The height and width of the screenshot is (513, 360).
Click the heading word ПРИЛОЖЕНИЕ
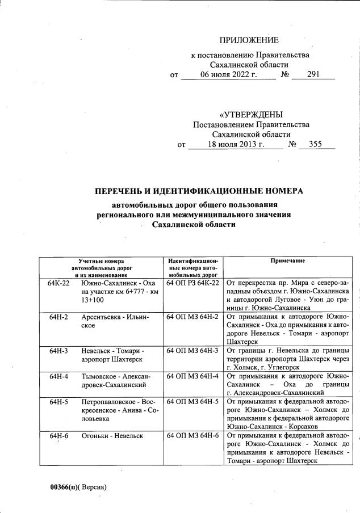249,40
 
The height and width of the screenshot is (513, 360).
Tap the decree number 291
313,74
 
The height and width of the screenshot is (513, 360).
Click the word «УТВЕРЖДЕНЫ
250,115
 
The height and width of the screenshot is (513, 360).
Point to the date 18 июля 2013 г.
236,144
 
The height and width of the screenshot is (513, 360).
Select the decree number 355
315,144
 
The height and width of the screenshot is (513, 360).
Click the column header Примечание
288,260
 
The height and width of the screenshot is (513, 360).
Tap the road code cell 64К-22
59,283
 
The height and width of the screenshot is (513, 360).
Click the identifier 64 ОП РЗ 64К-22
192,283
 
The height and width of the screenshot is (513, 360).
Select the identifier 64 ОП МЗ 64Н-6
192,435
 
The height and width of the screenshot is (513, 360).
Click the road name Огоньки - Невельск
112,435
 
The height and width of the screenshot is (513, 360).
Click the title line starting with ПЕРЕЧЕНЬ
199,191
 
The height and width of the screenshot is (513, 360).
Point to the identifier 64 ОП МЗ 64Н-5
192,402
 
